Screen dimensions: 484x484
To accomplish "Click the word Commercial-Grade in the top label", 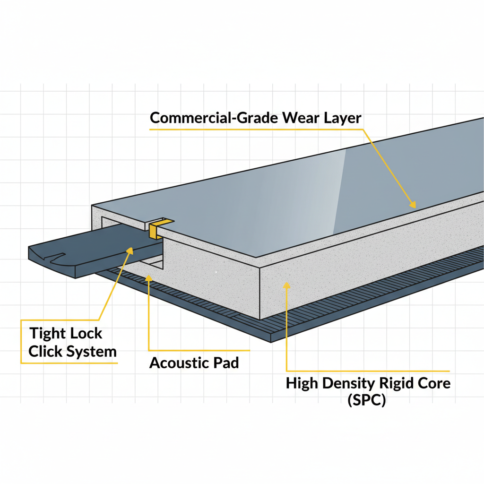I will (214, 118).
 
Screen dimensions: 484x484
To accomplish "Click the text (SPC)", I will (367, 401).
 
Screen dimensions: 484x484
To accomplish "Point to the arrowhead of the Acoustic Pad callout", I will (148, 277).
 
